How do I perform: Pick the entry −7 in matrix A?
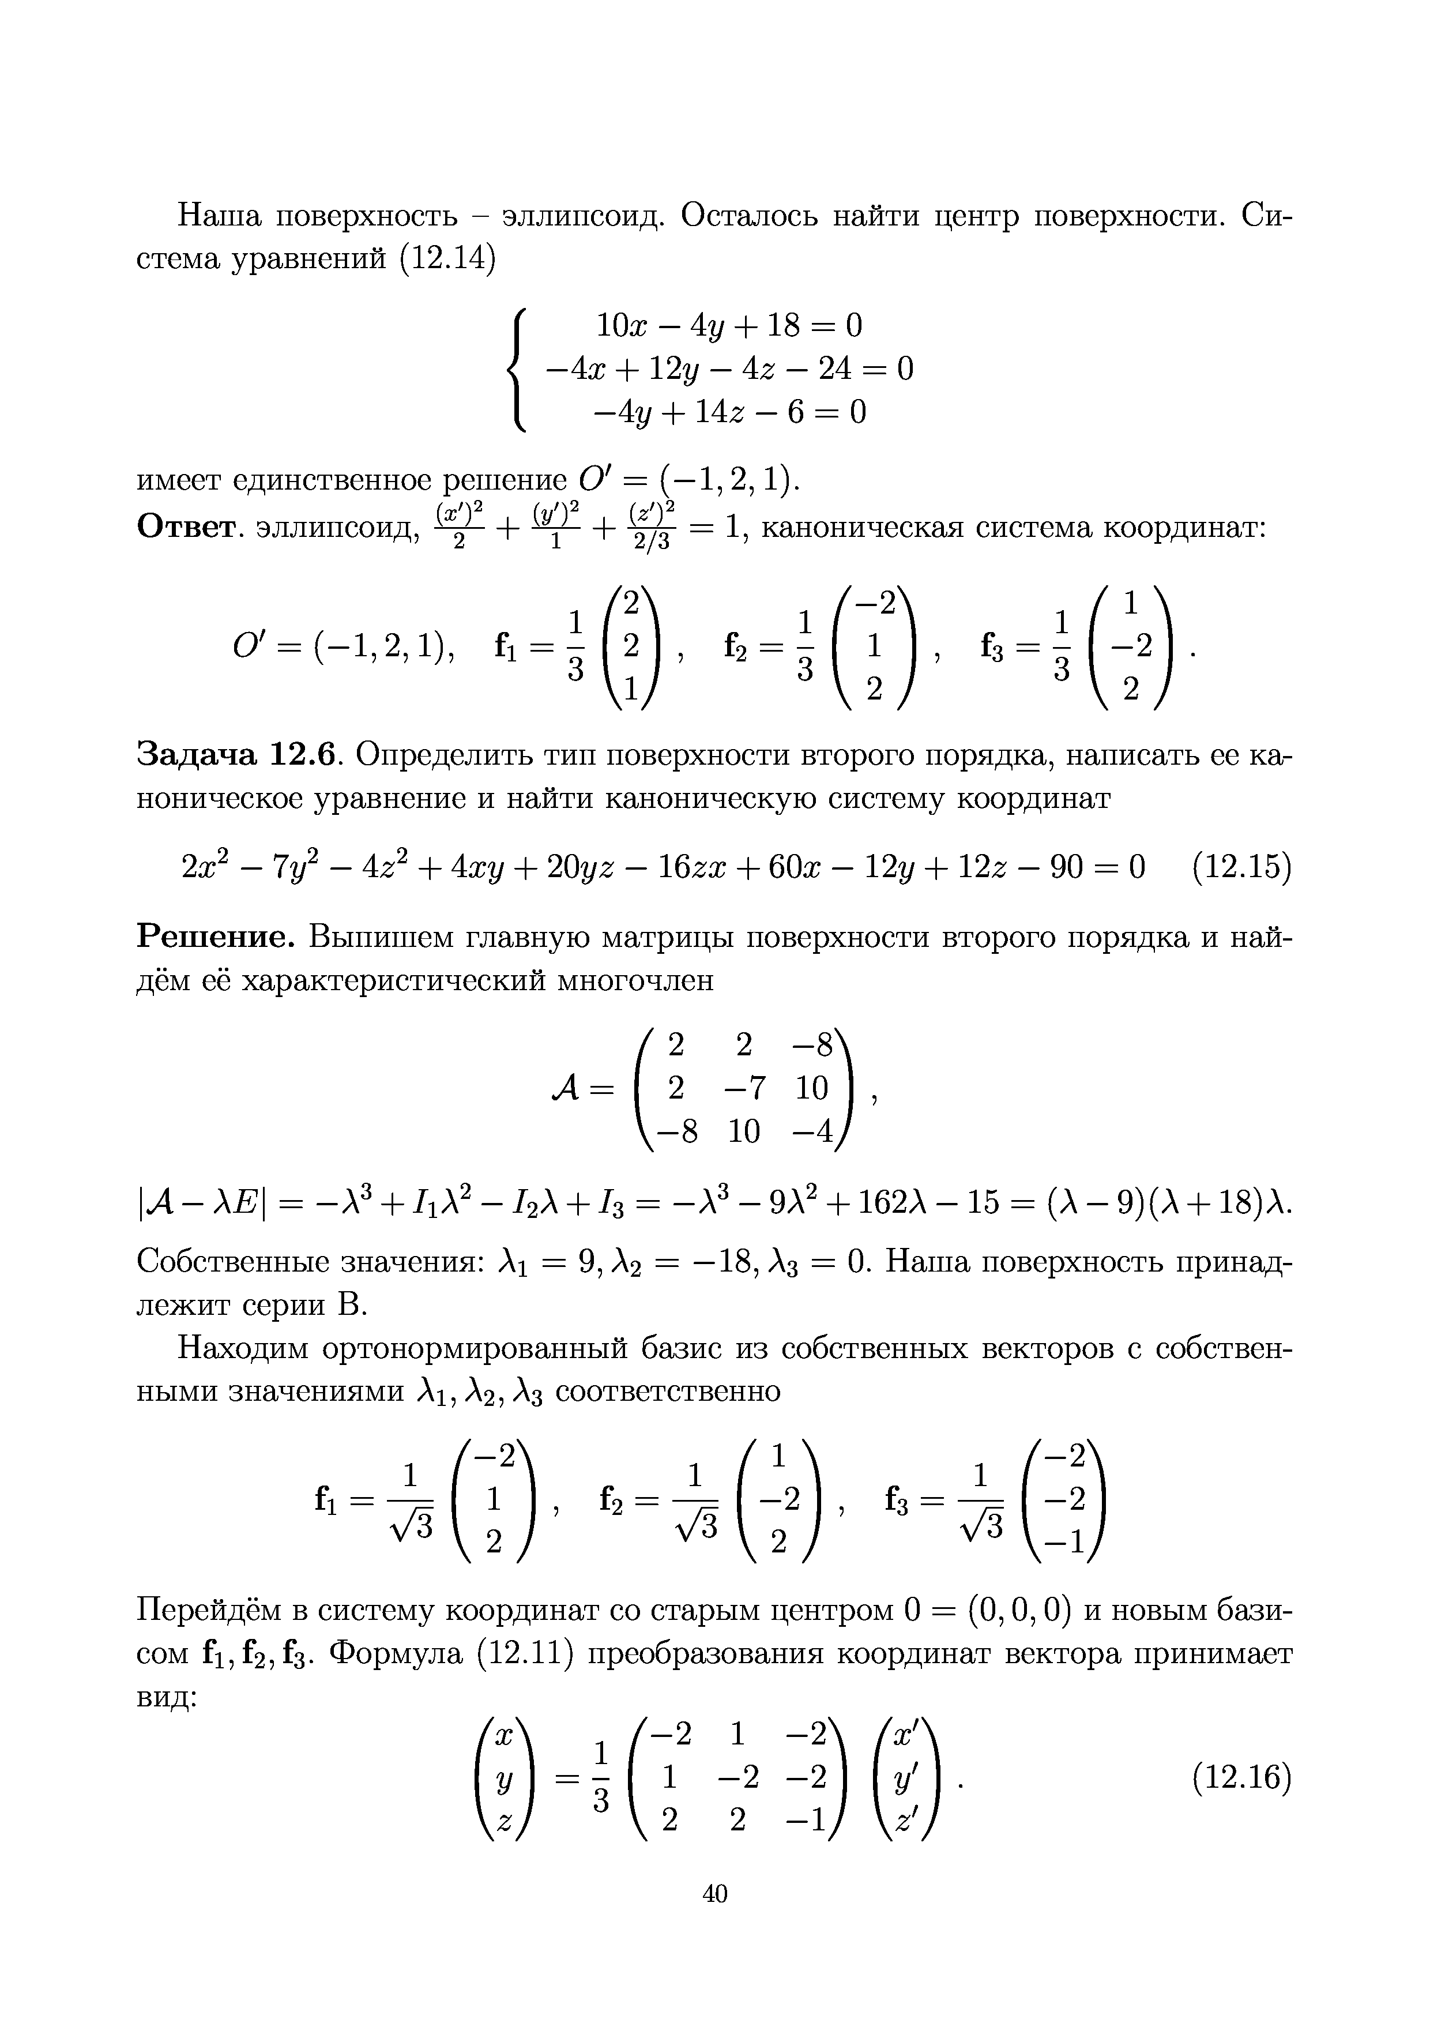pyautogui.click(x=744, y=1088)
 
